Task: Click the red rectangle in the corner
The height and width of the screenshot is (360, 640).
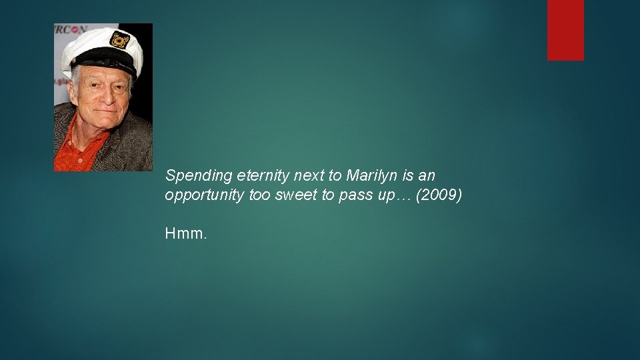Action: [x=565, y=30]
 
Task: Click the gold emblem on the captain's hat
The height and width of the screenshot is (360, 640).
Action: [x=119, y=40]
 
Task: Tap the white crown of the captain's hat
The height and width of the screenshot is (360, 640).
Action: [x=93, y=43]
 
